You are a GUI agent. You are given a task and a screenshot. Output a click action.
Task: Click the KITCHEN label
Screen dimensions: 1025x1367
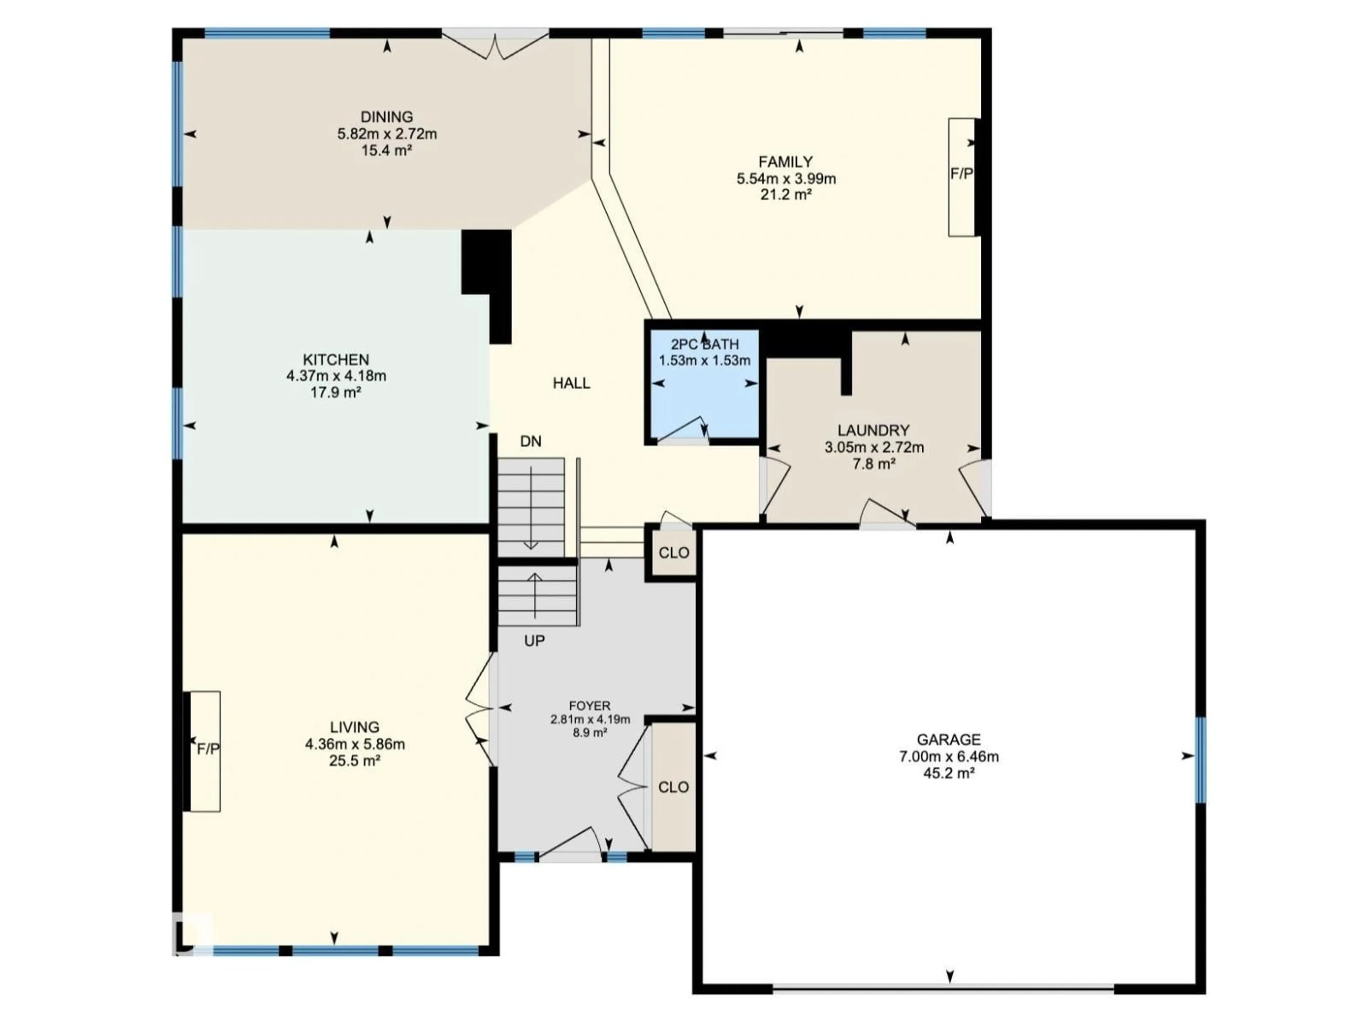336,359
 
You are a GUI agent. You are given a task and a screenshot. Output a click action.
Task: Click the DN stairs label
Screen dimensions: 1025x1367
530,441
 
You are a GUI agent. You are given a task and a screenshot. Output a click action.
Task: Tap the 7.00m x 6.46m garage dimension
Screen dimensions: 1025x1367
949,756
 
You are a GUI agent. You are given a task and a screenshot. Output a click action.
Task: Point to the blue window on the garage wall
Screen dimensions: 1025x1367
1200,759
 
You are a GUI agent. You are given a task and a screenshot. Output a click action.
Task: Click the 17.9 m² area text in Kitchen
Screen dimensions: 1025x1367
336,392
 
